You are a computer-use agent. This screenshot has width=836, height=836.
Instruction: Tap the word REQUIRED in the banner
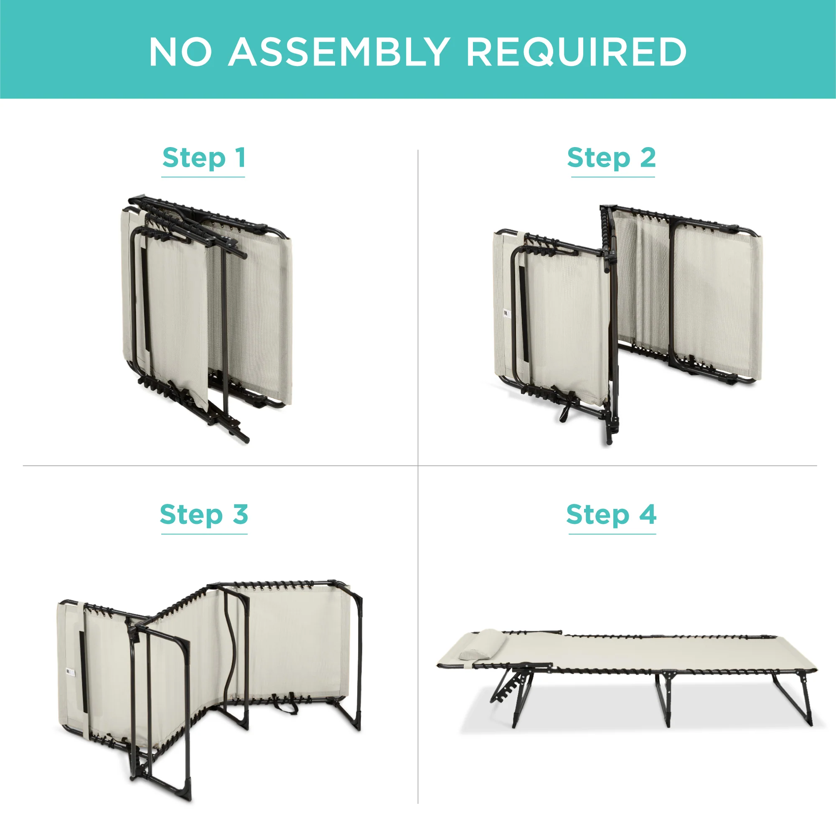(577, 52)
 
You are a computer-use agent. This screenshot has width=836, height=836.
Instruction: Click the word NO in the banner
(180, 51)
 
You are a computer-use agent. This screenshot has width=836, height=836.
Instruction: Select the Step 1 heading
(204, 158)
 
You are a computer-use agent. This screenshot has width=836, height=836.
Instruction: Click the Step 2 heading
(611, 158)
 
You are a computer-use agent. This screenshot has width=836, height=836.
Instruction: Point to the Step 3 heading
(204, 515)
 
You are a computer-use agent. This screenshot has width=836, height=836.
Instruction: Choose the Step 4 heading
(611, 515)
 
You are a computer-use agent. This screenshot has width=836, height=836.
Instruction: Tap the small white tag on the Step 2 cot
(507, 313)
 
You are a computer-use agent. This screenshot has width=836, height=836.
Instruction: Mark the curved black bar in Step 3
(234, 649)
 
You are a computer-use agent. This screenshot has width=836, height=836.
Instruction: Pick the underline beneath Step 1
(203, 177)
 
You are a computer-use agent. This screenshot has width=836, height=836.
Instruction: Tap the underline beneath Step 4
(612, 534)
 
